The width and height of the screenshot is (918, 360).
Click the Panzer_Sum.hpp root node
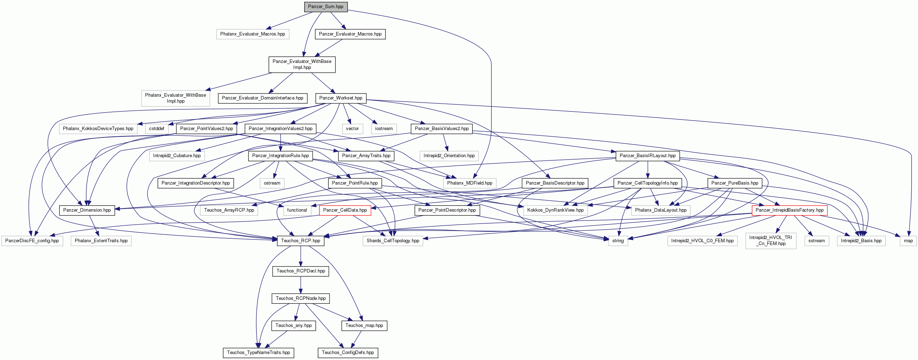pyautogui.click(x=326, y=7)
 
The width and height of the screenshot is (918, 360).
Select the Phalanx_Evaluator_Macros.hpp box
pyautogui.click(x=253, y=34)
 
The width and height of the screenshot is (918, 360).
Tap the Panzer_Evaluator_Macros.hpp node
pyautogui.click(x=350, y=34)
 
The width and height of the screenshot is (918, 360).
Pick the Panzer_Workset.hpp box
pyautogui.click(x=341, y=98)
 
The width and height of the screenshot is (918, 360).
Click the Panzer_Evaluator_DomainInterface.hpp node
pyautogui.click(x=263, y=98)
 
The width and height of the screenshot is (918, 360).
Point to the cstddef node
pyautogui.click(x=156, y=129)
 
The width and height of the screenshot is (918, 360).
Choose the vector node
pyautogui.click(x=352, y=129)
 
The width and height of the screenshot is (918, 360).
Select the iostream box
pyautogui.click(x=384, y=129)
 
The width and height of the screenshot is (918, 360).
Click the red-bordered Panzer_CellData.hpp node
pyautogui.click(x=345, y=210)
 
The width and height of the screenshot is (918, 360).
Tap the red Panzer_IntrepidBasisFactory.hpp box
pyautogui.click(x=789, y=210)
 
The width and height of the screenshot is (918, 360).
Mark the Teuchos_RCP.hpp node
pyautogui.click(x=300, y=241)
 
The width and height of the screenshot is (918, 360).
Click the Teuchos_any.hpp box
pyautogui.click(x=293, y=326)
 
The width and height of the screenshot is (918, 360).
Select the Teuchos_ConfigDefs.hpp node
pyautogui.click(x=348, y=353)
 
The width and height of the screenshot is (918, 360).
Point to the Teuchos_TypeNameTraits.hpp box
pyautogui.click(x=258, y=353)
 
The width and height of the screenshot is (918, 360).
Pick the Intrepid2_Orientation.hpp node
pyautogui.click(x=449, y=156)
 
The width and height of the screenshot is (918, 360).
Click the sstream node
pyautogui.click(x=816, y=241)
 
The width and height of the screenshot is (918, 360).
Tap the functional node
pyautogui.click(x=297, y=210)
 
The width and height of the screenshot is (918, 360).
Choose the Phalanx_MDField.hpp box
pyautogui.click(x=470, y=183)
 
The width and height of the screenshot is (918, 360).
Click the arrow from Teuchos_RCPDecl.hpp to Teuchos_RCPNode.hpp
pyautogui.click(x=301, y=285)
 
